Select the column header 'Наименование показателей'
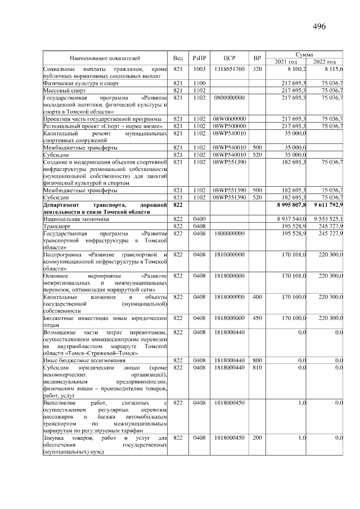click(x=105, y=58)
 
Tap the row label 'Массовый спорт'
click(x=65, y=90)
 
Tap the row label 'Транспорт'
click(x=56, y=226)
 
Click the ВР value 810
click(x=257, y=368)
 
